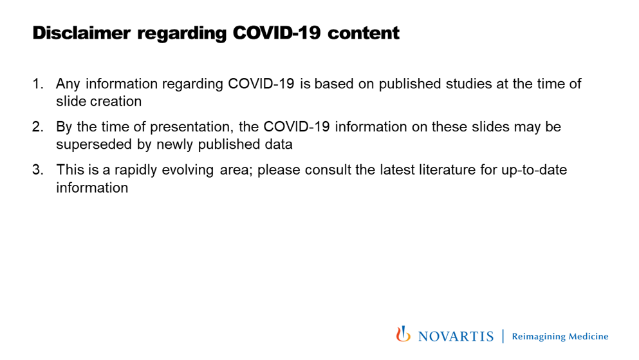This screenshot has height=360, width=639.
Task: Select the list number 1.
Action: pyautogui.click(x=37, y=84)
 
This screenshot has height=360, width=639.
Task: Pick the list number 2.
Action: pyautogui.click(x=37, y=127)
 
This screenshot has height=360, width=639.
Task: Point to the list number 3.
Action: pyautogui.click(x=37, y=170)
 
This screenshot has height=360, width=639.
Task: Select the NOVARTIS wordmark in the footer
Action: pyautogui.click(x=456, y=336)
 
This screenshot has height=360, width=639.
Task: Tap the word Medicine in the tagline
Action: pyautogui.click(x=588, y=336)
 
